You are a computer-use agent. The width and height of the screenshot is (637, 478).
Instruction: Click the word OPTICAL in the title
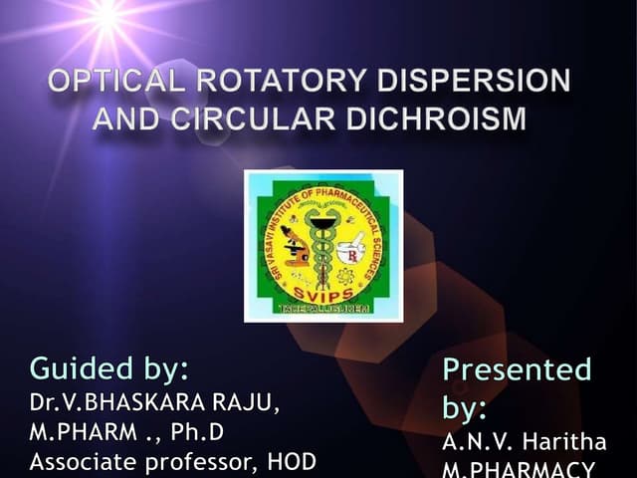pyautogui.click(x=110, y=82)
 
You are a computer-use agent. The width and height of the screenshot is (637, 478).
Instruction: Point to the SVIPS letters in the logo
pyautogui.click(x=322, y=293)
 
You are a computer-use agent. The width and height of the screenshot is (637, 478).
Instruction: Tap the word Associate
pyautogui.click(x=85, y=462)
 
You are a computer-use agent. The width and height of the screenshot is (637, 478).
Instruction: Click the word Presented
pyautogui.click(x=517, y=369)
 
